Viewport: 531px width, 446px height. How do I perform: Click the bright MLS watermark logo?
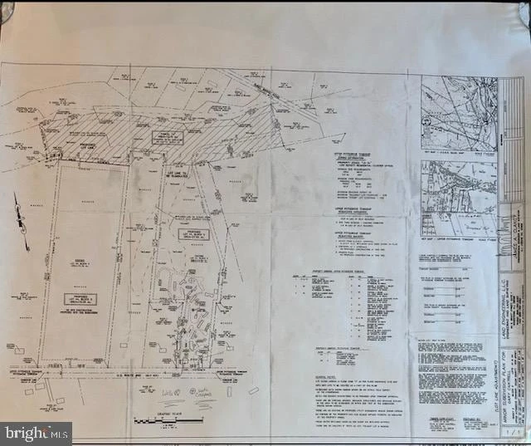pyautogui.click(x=35, y=433)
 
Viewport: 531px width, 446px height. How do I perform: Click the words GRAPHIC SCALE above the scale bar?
pyautogui.click(x=170, y=412)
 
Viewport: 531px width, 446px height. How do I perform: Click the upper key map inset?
pyautogui.click(x=458, y=114)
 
